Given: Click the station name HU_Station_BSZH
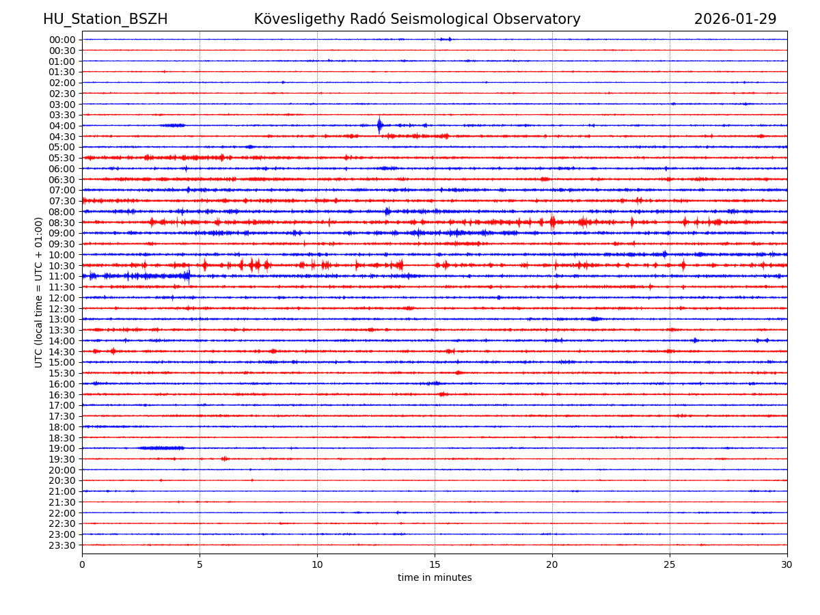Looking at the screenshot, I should pyautogui.click(x=105, y=20).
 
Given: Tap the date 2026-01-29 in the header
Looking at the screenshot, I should pyautogui.click(x=735, y=20).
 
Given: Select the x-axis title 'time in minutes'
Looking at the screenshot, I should pyautogui.click(x=435, y=578).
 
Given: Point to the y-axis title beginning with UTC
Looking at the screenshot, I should pyautogui.click(x=40, y=292).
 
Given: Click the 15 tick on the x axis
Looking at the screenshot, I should pyautogui.click(x=435, y=565).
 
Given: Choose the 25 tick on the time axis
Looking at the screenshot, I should pyautogui.click(x=670, y=565).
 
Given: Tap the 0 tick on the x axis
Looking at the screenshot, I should pyautogui.click(x=82, y=565).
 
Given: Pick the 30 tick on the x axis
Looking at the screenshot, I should pyautogui.click(x=787, y=565).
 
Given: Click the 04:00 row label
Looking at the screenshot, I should pyautogui.click(x=62, y=126).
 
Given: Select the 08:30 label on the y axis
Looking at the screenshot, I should pyautogui.click(x=62, y=223).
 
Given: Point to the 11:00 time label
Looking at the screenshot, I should pyautogui.click(x=62, y=277).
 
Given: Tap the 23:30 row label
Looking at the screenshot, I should pyautogui.click(x=62, y=545).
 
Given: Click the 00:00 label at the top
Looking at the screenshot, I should pyautogui.click(x=62, y=40).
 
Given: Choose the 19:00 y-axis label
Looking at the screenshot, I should pyautogui.click(x=62, y=448).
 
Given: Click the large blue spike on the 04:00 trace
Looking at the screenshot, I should pyautogui.click(x=379, y=125).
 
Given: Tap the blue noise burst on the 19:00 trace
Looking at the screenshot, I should pyautogui.click(x=161, y=448).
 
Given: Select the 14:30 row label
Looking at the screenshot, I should pyautogui.click(x=62, y=352).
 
